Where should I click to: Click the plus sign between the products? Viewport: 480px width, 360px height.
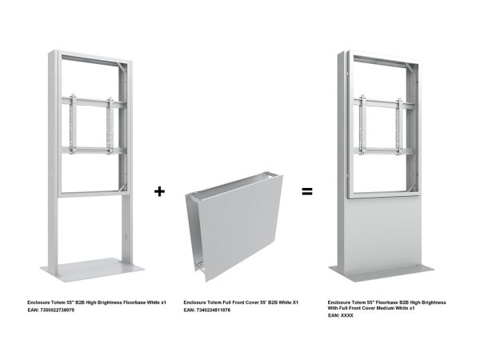159,191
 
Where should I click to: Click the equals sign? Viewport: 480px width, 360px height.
307,192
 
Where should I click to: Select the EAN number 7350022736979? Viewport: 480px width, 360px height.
58,310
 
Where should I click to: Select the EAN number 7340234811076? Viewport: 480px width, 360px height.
214,310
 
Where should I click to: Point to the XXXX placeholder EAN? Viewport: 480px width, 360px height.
347,315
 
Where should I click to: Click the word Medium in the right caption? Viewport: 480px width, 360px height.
386,308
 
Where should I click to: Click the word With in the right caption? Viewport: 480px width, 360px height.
333,308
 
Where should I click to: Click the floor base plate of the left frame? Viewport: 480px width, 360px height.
92,269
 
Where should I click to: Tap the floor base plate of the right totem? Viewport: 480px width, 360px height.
381,273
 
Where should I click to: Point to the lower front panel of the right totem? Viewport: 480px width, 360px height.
383,236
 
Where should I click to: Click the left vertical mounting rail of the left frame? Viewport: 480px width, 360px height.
73,124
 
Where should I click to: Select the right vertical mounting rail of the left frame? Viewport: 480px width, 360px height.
110,126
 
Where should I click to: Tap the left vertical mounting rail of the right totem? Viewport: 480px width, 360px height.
362,125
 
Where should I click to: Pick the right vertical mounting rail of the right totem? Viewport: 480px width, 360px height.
399,126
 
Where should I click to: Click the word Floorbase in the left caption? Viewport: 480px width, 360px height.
134,302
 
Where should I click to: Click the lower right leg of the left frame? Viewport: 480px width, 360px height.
127,230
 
